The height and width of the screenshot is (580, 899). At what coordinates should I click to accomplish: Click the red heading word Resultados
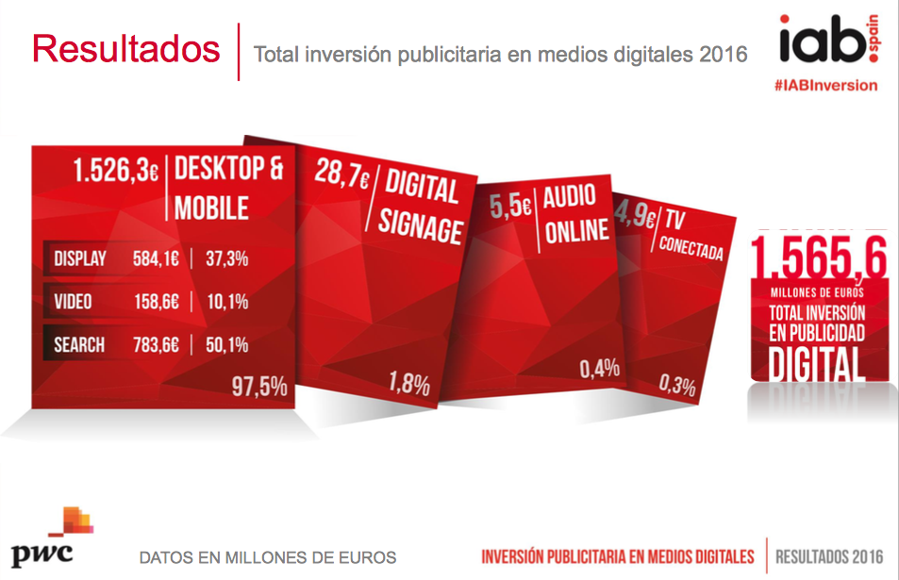[x=125, y=49]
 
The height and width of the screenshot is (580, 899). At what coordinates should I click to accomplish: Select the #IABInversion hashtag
[x=824, y=85]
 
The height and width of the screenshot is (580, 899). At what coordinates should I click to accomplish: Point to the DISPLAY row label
[x=80, y=258]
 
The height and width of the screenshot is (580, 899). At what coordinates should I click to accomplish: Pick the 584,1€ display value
[x=156, y=258]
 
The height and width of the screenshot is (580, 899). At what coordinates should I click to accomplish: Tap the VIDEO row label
[x=74, y=302]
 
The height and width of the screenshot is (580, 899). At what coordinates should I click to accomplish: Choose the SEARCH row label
[x=79, y=345]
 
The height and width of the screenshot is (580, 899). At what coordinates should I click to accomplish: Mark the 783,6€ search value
[x=156, y=345]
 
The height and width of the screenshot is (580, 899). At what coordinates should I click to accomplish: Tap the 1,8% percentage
[x=408, y=384]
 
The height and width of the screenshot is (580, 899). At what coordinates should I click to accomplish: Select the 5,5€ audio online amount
[x=511, y=207]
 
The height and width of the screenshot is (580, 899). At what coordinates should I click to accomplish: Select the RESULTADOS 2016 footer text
[x=829, y=556]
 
